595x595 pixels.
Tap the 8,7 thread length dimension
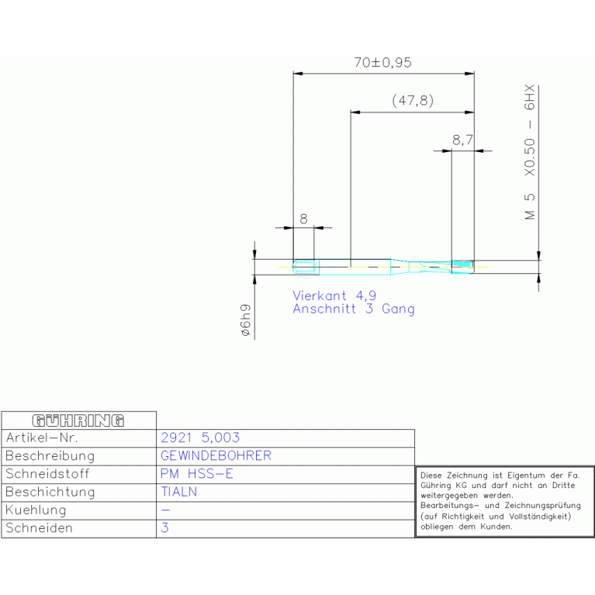coord(462,140)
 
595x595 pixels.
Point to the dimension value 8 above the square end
coord(303,219)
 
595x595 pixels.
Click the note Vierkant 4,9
coord(334,296)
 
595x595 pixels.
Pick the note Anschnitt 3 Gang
coord(353,309)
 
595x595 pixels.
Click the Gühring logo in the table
coord(78,420)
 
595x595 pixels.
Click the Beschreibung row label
coord(50,455)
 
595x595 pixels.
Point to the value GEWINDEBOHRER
coord(216,455)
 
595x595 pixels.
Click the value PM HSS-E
coord(196,473)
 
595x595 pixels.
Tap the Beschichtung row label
coord(50,492)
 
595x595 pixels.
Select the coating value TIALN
coord(179,492)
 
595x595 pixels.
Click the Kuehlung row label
coord(36,510)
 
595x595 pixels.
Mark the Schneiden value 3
coord(164,528)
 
